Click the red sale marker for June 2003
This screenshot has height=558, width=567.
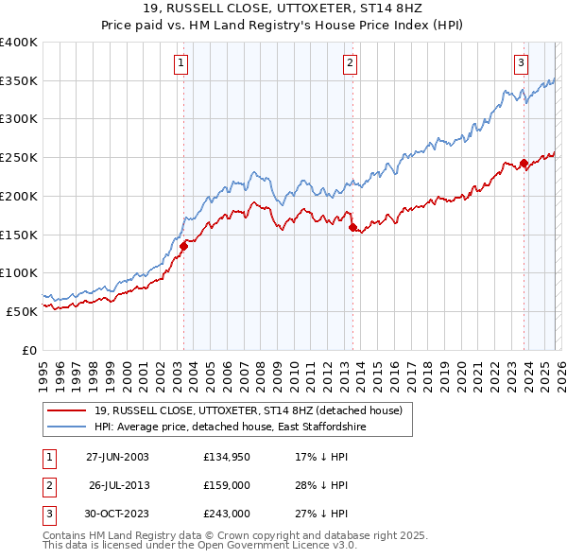tap(183, 246)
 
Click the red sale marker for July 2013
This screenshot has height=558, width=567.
tap(352, 227)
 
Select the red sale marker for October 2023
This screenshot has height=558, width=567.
tap(524, 164)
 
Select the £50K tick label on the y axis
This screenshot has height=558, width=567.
tap(22, 310)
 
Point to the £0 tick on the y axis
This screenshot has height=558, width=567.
tap(29, 349)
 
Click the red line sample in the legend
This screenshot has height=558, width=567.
tap(67, 410)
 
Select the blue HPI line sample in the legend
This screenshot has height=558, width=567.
tap(67, 427)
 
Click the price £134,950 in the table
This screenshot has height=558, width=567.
tap(226, 457)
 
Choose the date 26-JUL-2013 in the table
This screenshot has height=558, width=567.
tap(119, 486)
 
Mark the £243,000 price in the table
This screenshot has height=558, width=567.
tap(226, 514)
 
